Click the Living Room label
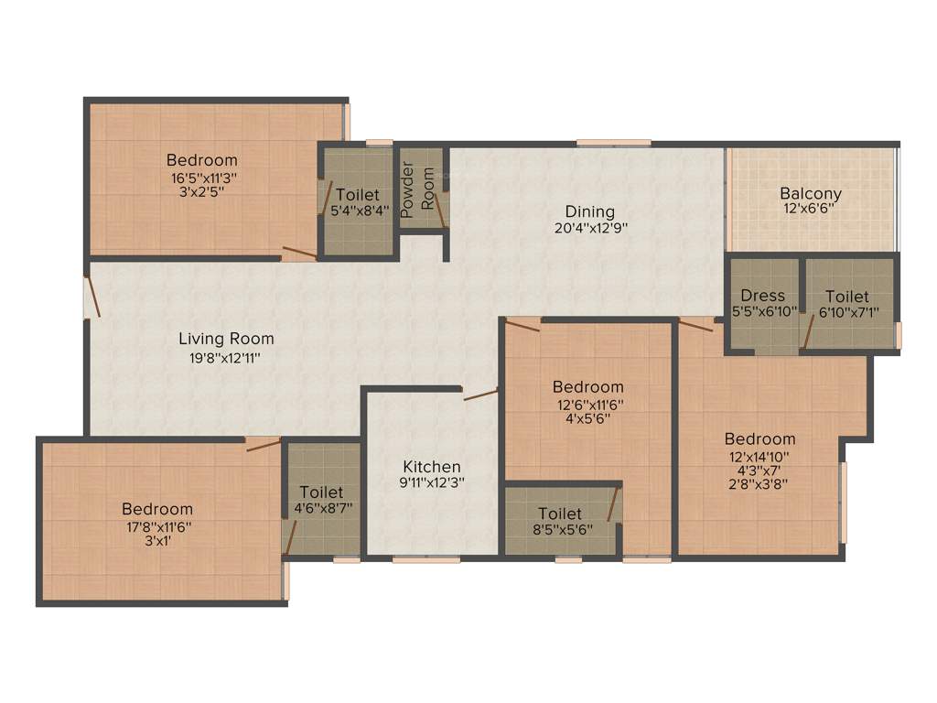226,339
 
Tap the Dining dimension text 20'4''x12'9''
589,229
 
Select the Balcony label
811,193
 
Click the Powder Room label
418,187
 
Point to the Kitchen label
433,466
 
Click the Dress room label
763,295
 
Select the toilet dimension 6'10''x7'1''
848,313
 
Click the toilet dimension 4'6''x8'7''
323,508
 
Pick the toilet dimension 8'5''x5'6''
559,529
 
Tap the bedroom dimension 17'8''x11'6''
157,526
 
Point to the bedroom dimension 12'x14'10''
759,456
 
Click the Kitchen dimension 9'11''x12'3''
432,483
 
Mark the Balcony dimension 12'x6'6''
811,209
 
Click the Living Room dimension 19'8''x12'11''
226,357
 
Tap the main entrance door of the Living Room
91,297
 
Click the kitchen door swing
481,395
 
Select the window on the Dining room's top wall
613,143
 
